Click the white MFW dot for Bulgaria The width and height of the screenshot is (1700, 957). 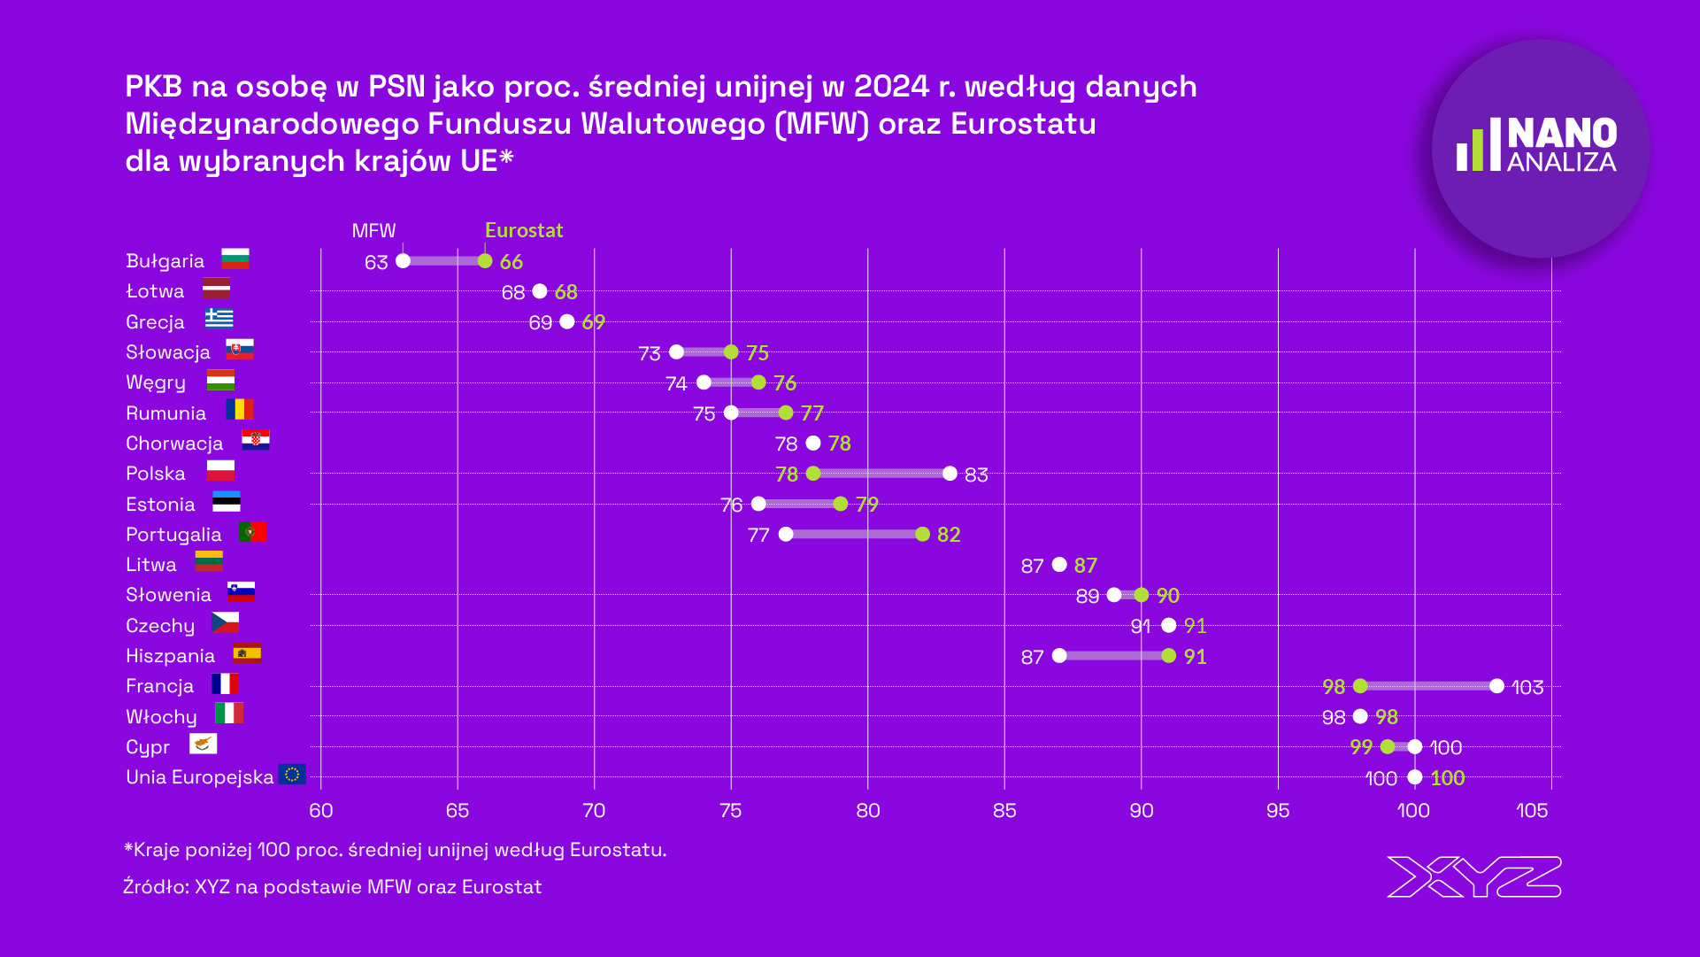click(x=403, y=261)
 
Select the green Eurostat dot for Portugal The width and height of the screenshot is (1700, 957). click(x=922, y=534)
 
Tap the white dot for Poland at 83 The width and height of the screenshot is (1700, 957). click(x=950, y=474)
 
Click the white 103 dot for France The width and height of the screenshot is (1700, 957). click(x=1496, y=686)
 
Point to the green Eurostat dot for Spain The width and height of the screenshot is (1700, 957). click(x=1168, y=656)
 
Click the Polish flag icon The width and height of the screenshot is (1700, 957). click(x=220, y=471)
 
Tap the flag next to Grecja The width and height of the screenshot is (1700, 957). click(x=219, y=318)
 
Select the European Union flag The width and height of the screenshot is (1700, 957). click(x=292, y=775)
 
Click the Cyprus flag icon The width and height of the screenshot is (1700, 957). click(x=203, y=744)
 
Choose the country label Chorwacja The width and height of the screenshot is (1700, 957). click(x=174, y=444)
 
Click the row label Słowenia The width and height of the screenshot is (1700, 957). click(x=168, y=595)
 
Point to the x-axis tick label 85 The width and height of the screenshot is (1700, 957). click(x=1004, y=811)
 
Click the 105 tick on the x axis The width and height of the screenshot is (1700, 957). click(x=1532, y=811)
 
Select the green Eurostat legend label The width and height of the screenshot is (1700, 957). click(x=524, y=231)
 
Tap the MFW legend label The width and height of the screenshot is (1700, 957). click(x=373, y=231)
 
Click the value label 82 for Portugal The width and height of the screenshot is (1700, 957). click(x=949, y=535)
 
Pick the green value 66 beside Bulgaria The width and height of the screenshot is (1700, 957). click(x=512, y=262)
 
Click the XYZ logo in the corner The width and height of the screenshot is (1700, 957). click(x=1473, y=876)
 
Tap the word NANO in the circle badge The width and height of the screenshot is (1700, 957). click(x=1562, y=135)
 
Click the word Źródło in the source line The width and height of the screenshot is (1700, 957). click(x=155, y=887)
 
